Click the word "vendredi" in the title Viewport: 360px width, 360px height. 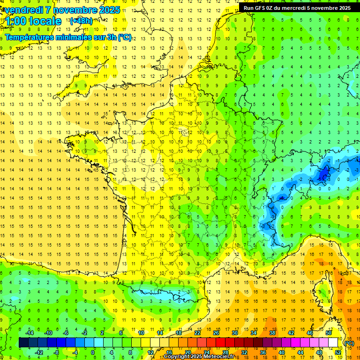(22, 10)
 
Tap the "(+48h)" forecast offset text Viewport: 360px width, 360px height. (81, 21)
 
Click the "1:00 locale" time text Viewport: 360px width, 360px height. (33, 21)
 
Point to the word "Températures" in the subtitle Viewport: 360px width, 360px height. (30, 37)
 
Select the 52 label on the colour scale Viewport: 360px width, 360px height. (338, 352)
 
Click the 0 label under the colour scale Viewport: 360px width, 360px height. (93, 352)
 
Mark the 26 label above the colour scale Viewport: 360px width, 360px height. (216, 333)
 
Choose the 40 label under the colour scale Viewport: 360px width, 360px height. (281, 352)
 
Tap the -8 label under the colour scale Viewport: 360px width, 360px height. (56, 352)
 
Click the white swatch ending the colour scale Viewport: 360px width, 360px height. (333, 343)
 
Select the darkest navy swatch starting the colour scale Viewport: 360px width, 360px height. (23, 343)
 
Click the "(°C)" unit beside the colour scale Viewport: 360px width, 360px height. (349, 343)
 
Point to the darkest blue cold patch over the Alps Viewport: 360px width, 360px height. (322, 174)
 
